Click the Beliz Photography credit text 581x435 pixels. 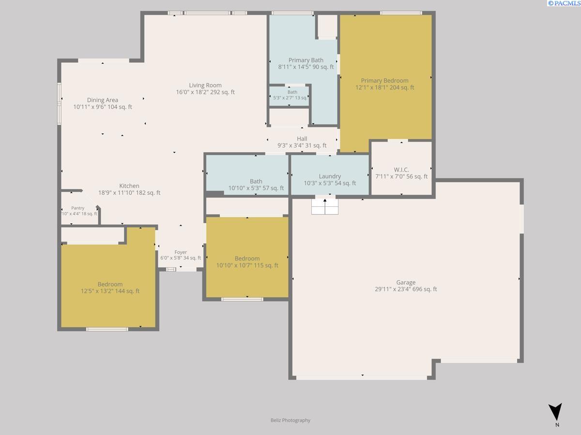tap(290, 420)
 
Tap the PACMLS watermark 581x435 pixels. tap(564, 3)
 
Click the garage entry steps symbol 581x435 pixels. tap(325, 206)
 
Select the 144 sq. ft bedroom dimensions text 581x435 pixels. tap(110, 291)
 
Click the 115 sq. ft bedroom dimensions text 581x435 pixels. tap(247, 265)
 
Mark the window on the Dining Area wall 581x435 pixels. tap(60, 103)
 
